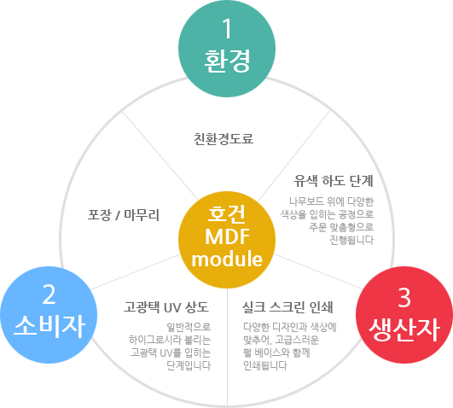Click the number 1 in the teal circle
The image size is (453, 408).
227,28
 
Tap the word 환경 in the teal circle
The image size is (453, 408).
227,61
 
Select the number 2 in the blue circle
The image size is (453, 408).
49,294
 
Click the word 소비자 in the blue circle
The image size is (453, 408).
49,326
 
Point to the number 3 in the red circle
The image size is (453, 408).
404,298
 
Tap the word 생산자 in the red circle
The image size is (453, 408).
404,330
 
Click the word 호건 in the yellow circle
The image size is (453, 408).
227,214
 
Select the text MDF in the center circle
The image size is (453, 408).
227,236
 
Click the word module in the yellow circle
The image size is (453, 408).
227,259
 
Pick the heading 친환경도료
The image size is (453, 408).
224,139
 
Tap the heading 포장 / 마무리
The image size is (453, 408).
124,215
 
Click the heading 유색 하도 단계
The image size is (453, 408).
334,181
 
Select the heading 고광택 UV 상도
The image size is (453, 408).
166,307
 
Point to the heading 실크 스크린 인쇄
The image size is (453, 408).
287,307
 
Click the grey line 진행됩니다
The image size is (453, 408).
351,240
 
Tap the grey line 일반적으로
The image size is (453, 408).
189,327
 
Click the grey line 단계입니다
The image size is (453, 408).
189,366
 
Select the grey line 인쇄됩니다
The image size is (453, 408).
265,366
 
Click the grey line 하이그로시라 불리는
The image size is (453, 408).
170,340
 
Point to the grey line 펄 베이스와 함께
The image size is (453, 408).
276,353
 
